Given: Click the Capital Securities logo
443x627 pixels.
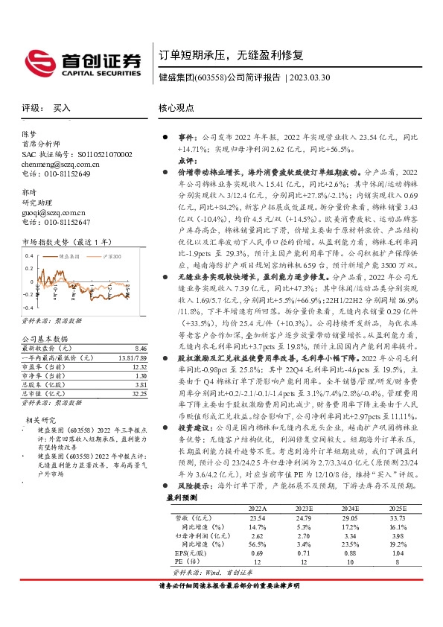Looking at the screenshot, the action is (82, 62).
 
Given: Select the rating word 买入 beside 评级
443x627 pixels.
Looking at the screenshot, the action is (62, 108).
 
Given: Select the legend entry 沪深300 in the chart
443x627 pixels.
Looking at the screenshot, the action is (113, 255).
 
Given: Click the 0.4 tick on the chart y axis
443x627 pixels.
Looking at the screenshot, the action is (29, 255).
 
